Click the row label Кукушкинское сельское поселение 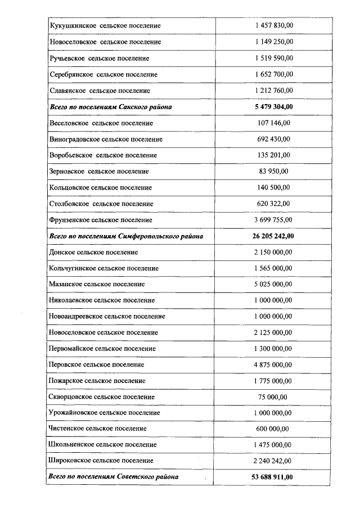pyautogui.click(x=105, y=26)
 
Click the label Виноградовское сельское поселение pyautogui.click(x=106, y=139)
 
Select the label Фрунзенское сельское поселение pyautogui.click(x=101, y=220)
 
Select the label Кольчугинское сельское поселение pyautogui.click(x=104, y=268)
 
